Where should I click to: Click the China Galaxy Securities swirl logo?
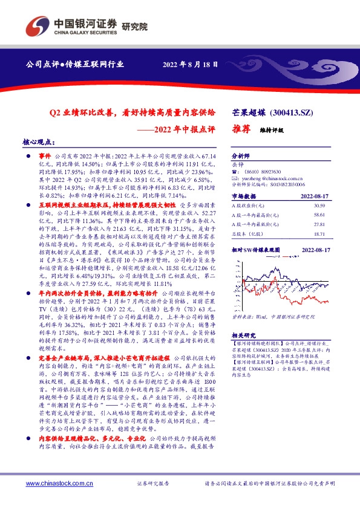pyautogui.click(x=38, y=26)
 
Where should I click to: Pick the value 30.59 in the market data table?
pyautogui.click(x=336, y=207)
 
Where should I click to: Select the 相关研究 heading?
pyautogui.click(x=244, y=336)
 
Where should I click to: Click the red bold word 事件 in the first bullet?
pyautogui.click(x=47, y=155)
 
